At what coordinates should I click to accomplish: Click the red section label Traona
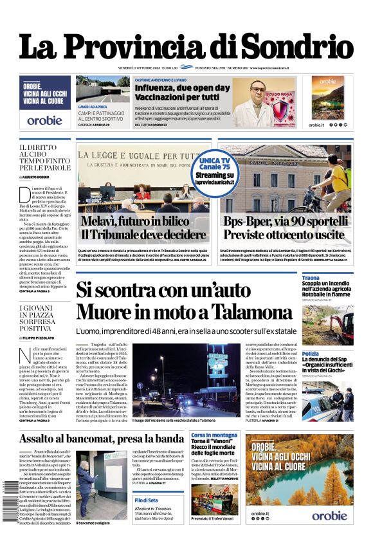[x=311, y=278]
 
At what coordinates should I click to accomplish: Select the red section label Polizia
[x=311, y=354]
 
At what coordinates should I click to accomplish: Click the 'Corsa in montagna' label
[x=214, y=435]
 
